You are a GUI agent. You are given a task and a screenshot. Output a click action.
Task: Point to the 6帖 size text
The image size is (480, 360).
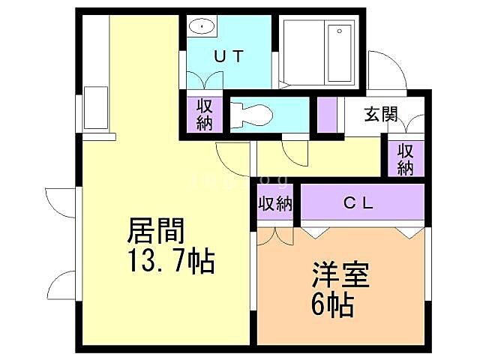(x=331, y=305)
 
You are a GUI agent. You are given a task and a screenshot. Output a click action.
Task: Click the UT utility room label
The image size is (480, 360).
(x=228, y=55)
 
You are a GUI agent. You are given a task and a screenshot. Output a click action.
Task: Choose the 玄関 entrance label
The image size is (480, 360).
(x=381, y=115)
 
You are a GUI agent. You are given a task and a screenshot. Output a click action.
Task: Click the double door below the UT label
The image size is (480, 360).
(x=204, y=79)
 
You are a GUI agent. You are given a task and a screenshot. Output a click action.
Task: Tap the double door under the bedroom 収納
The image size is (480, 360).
(x=275, y=234)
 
